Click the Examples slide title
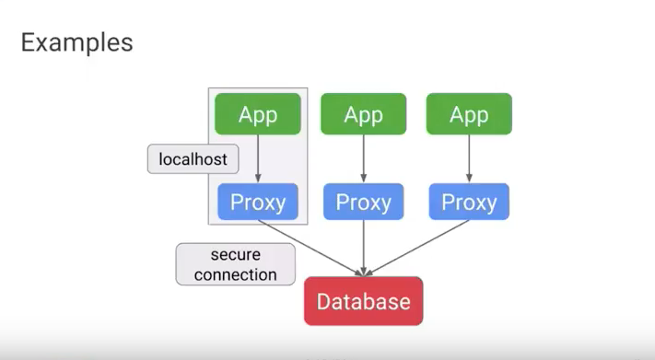coord(76,41)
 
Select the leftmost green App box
coord(258,114)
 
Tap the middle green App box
coord(363,114)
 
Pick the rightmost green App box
coord(468,114)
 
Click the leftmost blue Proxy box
coord(258,202)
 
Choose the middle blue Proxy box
coord(363,202)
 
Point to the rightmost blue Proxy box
coord(468,202)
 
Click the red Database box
coord(363,301)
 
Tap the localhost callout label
coord(193,159)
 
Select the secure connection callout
coord(236,264)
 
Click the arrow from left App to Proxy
coord(258,158)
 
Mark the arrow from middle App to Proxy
coord(363,158)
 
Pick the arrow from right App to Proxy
coord(468,158)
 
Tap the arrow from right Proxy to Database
coord(417,248)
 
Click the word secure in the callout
coord(236,255)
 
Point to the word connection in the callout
coord(236,274)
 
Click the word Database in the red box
coord(363,301)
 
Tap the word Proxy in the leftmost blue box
coord(258,202)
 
